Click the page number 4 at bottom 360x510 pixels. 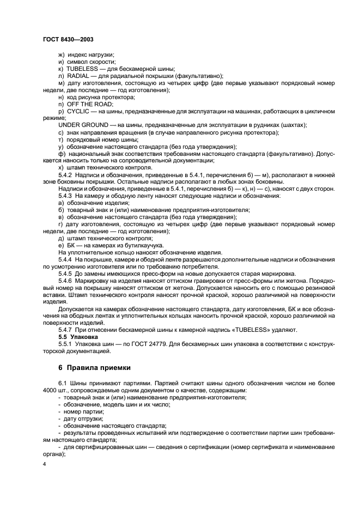click(x=45, y=463)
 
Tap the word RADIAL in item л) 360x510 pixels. click(x=77, y=76)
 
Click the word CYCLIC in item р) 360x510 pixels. click(x=78, y=111)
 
